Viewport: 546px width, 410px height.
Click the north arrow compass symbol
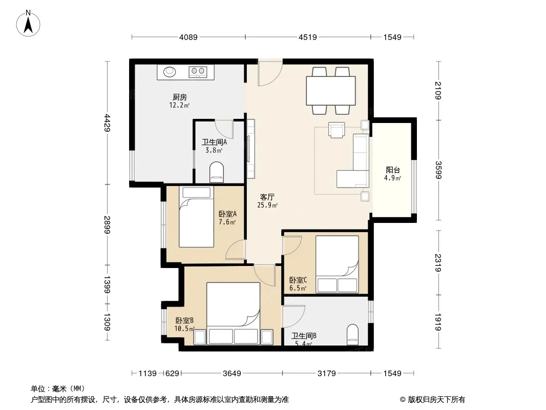[28, 24]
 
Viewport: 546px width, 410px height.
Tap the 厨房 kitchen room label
[180, 97]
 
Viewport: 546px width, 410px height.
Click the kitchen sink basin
[170, 71]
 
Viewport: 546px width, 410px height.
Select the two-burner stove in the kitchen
[198, 72]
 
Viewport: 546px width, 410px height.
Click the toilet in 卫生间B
[353, 335]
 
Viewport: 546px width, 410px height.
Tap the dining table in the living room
[331, 91]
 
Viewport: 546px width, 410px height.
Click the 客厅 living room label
[267, 197]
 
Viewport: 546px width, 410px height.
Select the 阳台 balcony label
[393, 170]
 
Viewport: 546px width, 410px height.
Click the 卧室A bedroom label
[227, 214]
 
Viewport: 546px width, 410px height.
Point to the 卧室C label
[298, 280]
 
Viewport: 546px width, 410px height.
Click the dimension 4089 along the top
[188, 37]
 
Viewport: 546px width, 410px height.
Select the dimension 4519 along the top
[308, 37]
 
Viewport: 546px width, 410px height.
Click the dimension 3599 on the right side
[438, 170]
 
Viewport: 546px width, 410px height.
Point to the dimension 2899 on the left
[107, 225]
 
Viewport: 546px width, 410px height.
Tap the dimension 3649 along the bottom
[232, 374]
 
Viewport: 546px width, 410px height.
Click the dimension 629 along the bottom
[172, 374]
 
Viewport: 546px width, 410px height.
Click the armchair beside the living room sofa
[337, 130]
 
